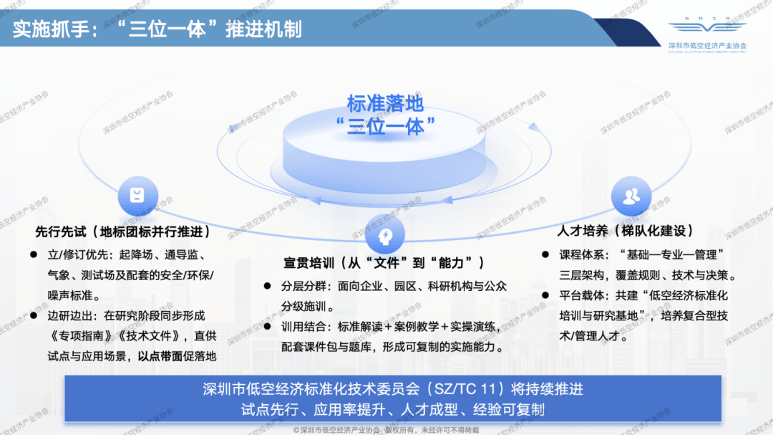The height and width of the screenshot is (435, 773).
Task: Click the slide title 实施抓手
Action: (157, 29)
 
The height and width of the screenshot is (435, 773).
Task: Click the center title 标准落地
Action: (385, 103)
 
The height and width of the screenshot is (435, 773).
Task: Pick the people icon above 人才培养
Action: (631, 195)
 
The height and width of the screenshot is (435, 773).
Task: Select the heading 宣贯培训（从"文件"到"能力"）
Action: (384, 262)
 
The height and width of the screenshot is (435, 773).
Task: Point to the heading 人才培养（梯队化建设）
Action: (625, 231)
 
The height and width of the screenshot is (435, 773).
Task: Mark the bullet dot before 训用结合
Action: (266, 327)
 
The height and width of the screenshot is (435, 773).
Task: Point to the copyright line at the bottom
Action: (386, 429)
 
